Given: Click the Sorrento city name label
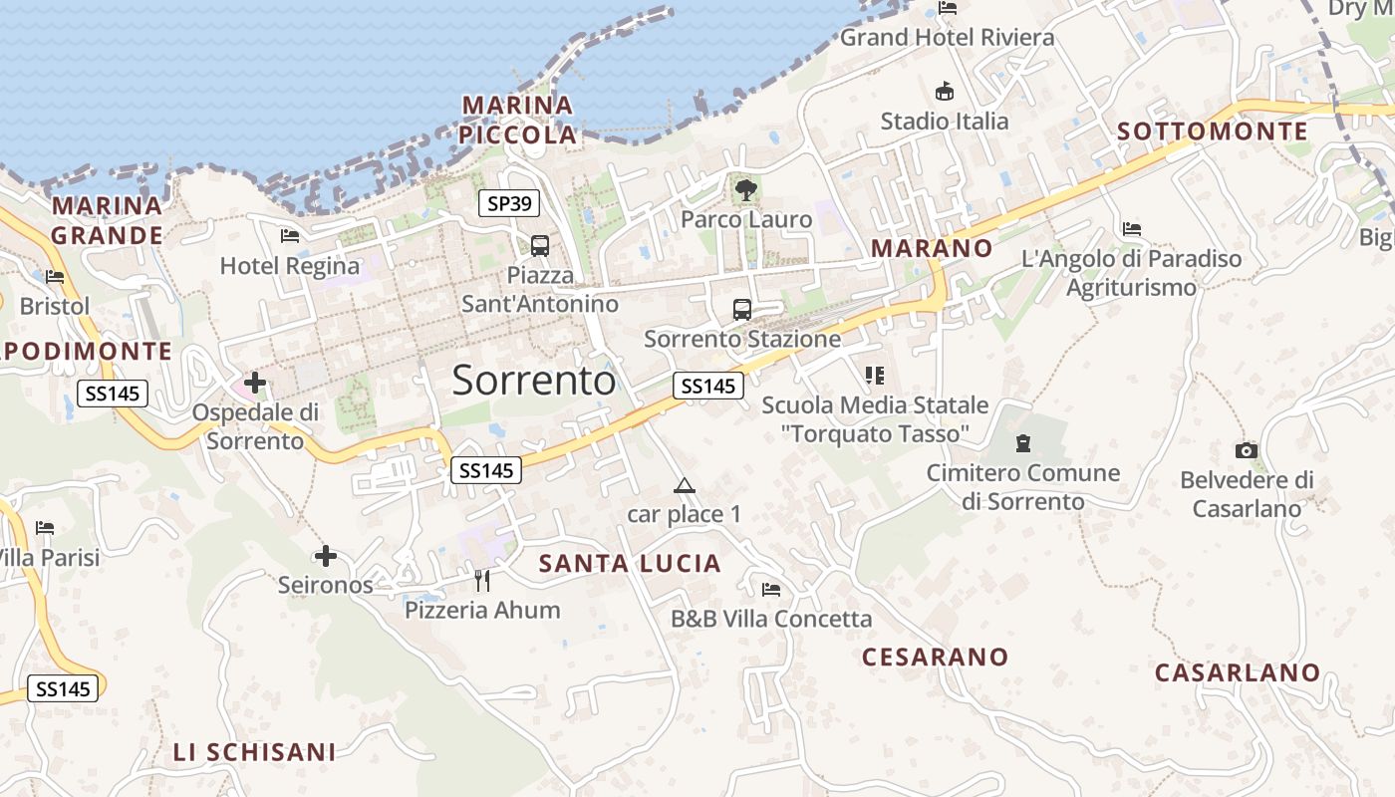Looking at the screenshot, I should [534, 381].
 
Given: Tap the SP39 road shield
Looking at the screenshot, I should [509, 204].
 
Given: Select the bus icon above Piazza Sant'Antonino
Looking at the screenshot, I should [540, 245].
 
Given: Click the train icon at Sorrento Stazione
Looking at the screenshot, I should [742, 309].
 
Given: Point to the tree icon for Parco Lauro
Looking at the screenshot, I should [745, 189].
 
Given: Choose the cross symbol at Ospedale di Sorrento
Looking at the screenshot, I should [255, 382].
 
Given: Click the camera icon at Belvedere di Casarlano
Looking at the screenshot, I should [1247, 450].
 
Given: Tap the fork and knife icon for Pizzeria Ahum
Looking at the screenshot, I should [482, 580].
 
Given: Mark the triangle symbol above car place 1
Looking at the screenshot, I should [684, 486].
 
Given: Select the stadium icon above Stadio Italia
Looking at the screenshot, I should [945, 92].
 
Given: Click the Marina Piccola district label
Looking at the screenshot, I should [519, 120].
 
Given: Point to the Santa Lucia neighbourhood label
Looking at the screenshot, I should [630, 564].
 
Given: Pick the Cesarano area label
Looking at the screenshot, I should [935, 657].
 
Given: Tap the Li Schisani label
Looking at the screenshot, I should [254, 752].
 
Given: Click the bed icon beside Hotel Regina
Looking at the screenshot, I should [290, 236].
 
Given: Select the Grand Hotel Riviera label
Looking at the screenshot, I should [947, 38].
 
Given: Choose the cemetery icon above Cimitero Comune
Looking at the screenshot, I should [1023, 442].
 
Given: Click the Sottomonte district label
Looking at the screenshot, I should [1213, 132].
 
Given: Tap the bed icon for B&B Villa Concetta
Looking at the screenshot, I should [771, 589].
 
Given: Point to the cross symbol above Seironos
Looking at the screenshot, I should [326, 556].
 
